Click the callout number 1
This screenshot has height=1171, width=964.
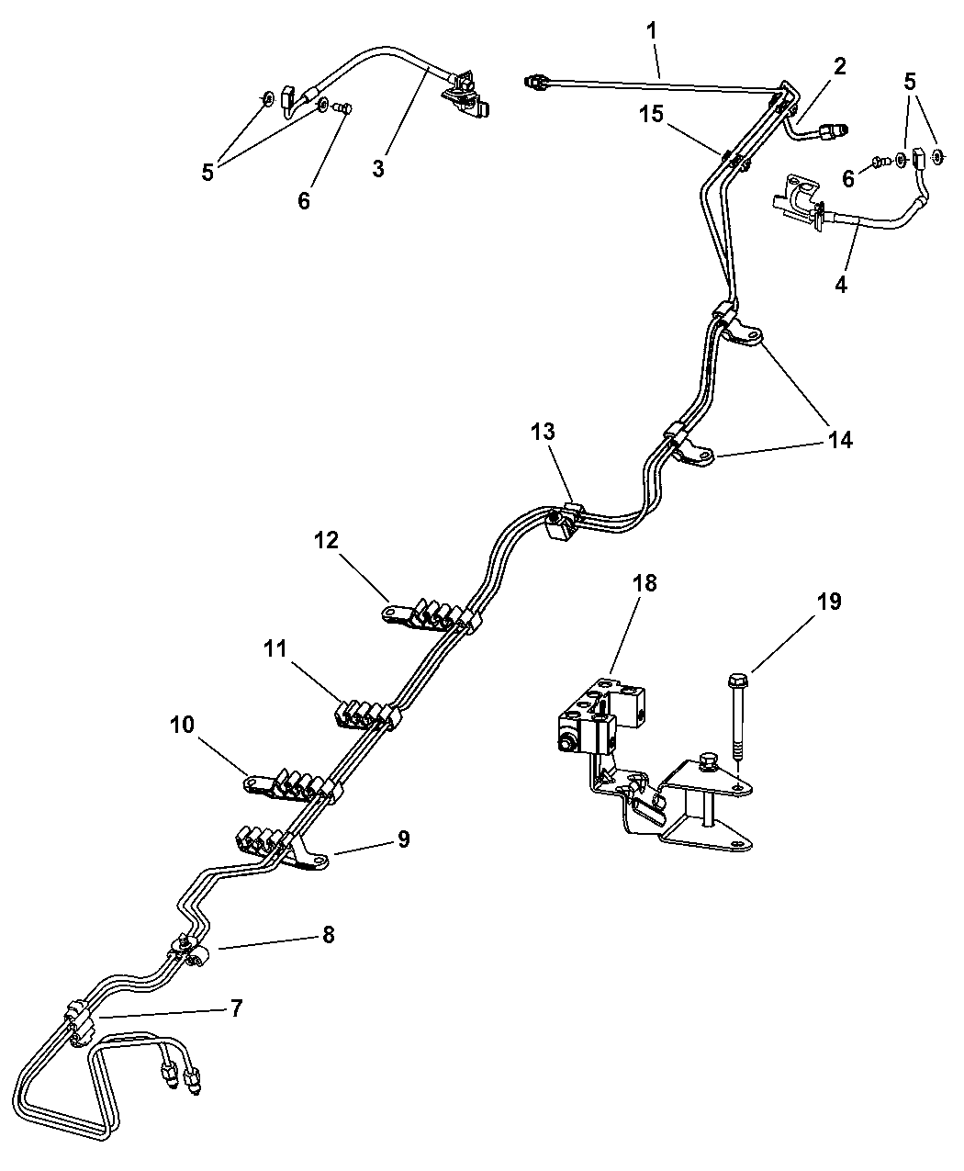pyautogui.click(x=651, y=30)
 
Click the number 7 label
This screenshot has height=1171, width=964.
pyautogui.click(x=236, y=1009)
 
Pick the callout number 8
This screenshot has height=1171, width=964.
pyautogui.click(x=328, y=935)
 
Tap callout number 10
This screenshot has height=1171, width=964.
pyautogui.click(x=182, y=725)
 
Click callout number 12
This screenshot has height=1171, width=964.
pyautogui.click(x=328, y=540)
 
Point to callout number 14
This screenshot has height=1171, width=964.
pyautogui.click(x=839, y=440)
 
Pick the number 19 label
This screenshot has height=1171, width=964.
pyautogui.click(x=829, y=602)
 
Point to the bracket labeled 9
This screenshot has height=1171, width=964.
pyautogui.click(x=303, y=855)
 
